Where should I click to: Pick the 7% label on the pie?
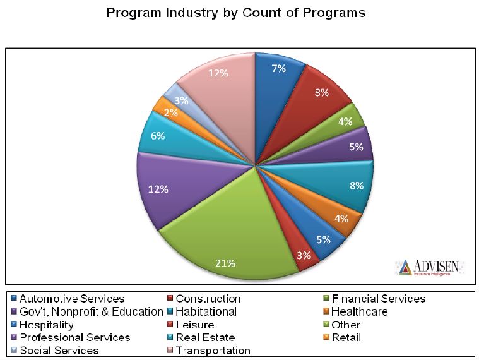click(x=278, y=68)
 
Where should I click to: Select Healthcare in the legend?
click(x=360, y=311)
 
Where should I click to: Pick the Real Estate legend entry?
click(x=205, y=337)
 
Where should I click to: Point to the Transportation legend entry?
click(x=213, y=351)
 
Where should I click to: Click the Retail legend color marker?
click(x=326, y=337)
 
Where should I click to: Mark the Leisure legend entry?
click(x=195, y=325)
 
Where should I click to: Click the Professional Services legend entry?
click(x=74, y=337)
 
